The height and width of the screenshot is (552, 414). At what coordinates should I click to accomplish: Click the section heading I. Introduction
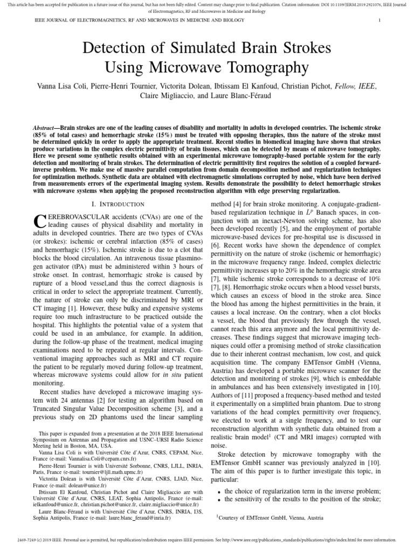pyautogui.click(x=118, y=204)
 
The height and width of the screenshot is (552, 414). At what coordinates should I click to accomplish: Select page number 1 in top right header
pyautogui.click(x=381, y=20)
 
